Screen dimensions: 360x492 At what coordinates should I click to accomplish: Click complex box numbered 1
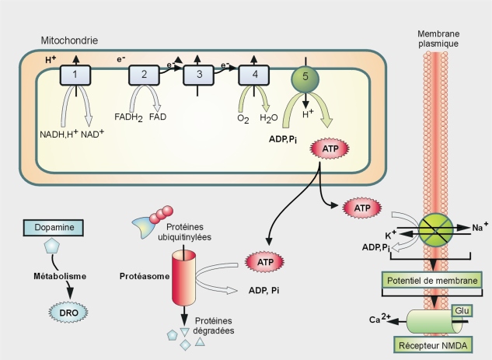75,75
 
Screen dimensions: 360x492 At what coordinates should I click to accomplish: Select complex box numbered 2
143,75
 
